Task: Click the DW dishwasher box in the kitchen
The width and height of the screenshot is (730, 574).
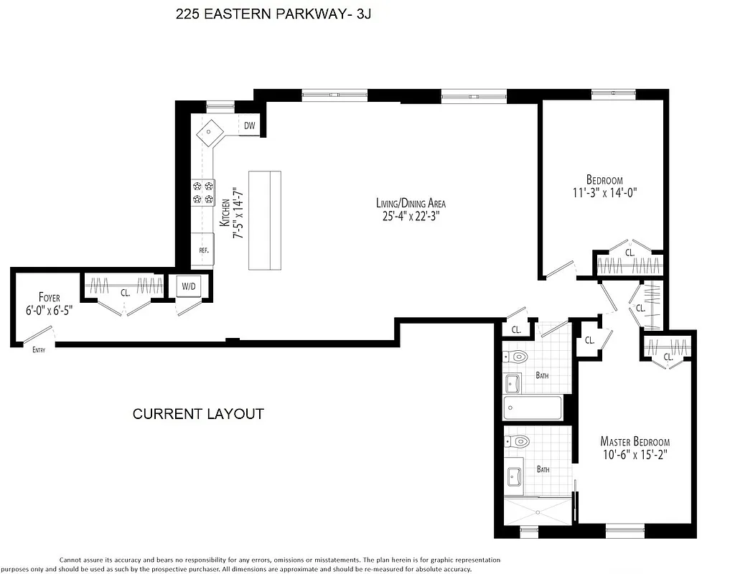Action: tap(249, 126)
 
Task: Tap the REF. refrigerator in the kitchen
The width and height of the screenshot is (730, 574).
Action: tap(203, 250)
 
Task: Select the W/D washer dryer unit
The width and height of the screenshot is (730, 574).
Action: tap(189, 286)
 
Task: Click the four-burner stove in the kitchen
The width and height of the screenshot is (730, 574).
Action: tap(202, 192)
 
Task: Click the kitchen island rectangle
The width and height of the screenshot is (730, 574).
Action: tap(265, 220)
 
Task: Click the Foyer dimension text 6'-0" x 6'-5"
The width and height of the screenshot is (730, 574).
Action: tap(49, 311)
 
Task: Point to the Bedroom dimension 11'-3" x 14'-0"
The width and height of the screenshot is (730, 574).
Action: tap(604, 192)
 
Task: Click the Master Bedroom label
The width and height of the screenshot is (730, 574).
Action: tap(635, 442)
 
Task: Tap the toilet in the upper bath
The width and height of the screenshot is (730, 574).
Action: tap(518, 356)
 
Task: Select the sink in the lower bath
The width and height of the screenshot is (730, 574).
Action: tap(515, 476)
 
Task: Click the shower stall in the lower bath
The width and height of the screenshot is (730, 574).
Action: tap(538, 511)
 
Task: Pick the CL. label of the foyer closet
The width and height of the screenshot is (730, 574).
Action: tap(124, 293)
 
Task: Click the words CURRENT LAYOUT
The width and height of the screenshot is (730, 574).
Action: tap(198, 414)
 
